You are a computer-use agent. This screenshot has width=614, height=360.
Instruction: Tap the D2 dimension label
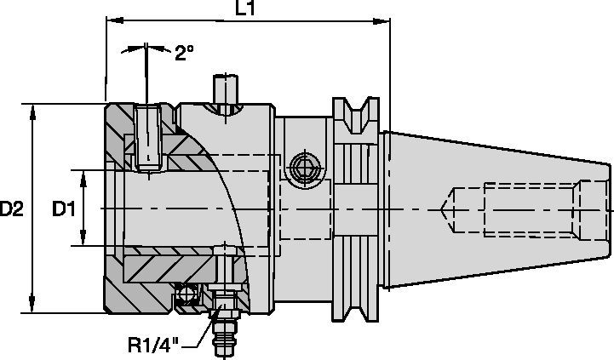(13, 209)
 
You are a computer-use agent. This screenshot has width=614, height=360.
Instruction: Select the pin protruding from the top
(225, 89)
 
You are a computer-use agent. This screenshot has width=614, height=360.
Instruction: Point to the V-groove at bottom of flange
(357, 306)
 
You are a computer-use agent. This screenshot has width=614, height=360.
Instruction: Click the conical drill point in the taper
(446, 209)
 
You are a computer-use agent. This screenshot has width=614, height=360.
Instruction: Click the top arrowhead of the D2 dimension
(32, 110)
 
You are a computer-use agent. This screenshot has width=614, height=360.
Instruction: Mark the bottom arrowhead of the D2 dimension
(32, 307)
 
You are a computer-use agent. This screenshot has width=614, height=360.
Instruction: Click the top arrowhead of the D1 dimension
(85, 174)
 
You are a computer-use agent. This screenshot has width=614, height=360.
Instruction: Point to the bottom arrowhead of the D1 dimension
(85, 243)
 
